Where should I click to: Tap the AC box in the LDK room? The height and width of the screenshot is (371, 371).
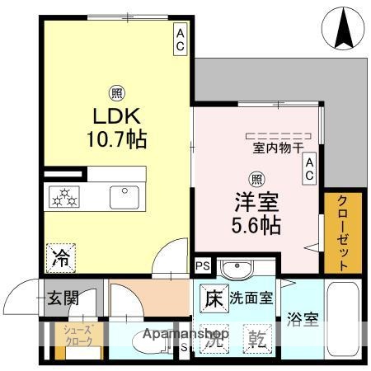point(180,39)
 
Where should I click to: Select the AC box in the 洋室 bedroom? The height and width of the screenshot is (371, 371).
point(310,169)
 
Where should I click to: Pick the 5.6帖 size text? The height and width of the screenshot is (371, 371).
point(256,223)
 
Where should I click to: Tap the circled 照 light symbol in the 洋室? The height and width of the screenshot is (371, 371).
point(256,176)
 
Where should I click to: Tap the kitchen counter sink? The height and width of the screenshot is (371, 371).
point(124,196)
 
